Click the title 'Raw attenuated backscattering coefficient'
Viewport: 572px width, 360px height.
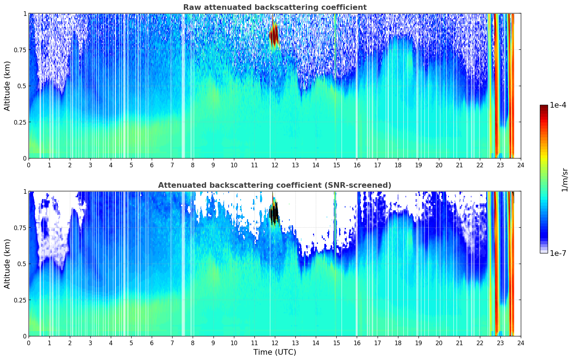pyautogui.click(x=275, y=7)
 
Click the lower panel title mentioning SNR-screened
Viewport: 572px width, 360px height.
pyautogui.click(x=275, y=185)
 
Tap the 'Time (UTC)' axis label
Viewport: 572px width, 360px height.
pyautogui.click(x=275, y=352)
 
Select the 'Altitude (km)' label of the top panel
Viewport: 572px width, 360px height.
pyautogui.click(x=7, y=86)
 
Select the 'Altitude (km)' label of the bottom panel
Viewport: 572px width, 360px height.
pyautogui.click(x=7, y=264)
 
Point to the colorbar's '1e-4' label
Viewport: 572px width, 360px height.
pyautogui.click(x=558, y=106)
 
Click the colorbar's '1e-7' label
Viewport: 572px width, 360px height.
pyautogui.click(x=558, y=253)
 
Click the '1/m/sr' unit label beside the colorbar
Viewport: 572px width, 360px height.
pyautogui.click(x=565, y=180)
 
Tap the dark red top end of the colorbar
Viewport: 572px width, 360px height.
pyautogui.click(x=543, y=108)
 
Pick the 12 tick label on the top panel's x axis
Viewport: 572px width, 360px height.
pyautogui.click(x=275, y=165)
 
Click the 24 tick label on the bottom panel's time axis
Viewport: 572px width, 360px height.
pyautogui.click(x=520, y=343)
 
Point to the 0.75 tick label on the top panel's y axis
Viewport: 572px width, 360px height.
pyautogui.click(x=20, y=50)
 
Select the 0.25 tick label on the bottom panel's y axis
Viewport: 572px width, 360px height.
pyautogui.click(x=20, y=300)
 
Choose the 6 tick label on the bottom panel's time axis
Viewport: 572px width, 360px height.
pyautogui.click(x=152, y=343)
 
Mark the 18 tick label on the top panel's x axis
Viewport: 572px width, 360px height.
pyautogui.click(x=398, y=165)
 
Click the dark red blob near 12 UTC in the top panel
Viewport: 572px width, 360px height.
pyautogui.click(x=274, y=35)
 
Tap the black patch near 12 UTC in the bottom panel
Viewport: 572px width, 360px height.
pyautogui.click(x=274, y=213)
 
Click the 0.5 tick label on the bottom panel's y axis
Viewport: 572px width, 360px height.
pyautogui.click(x=22, y=264)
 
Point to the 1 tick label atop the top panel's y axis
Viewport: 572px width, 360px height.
pyautogui.click(x=25, y=13)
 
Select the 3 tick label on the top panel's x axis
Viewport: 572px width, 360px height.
pyautogui.click(x=90, y=165)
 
